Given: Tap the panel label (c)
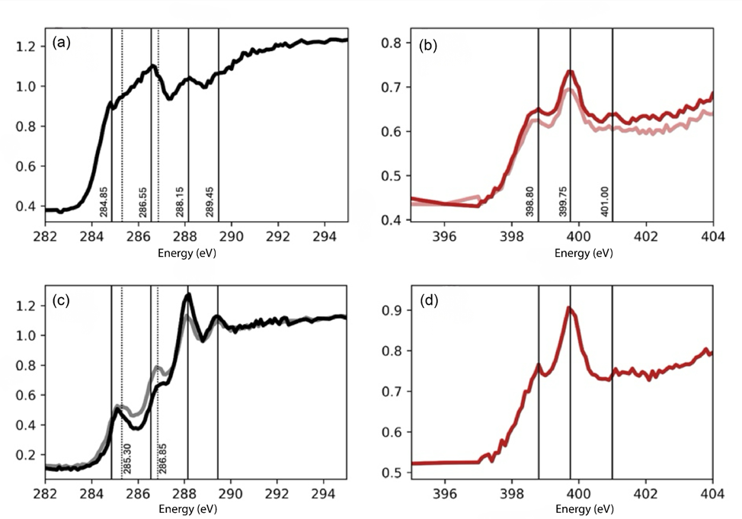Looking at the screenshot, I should tap(61, 300).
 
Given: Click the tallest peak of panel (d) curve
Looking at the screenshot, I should tap(568, 307).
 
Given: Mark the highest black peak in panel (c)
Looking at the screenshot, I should tap(188, 293).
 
